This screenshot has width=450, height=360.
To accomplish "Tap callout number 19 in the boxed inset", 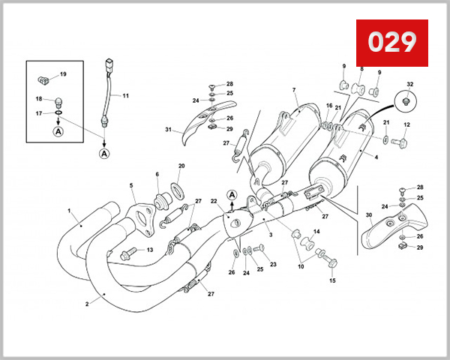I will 63,73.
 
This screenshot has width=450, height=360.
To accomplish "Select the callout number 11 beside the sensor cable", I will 126,96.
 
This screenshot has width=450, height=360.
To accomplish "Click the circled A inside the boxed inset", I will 58,131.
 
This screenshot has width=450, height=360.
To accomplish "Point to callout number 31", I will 169,130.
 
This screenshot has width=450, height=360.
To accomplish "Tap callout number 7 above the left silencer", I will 294,91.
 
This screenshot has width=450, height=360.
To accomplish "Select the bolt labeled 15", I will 331,264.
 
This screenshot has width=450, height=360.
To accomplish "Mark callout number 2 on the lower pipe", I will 87,304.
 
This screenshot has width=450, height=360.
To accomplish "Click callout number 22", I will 214,201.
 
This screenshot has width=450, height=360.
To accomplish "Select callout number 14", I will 316,232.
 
